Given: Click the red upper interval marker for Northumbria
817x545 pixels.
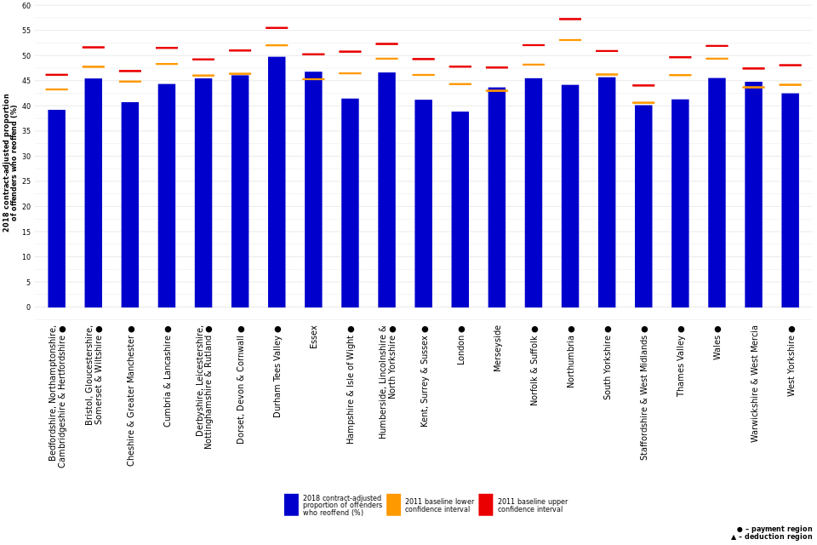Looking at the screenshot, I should [x=570, y=19].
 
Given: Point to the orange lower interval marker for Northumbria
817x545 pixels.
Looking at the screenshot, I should [x=570, y=40].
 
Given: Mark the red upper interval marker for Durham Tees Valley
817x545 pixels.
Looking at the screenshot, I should [x=277, y=28].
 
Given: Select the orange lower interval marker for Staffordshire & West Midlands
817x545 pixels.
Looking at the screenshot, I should [x=643, y=103].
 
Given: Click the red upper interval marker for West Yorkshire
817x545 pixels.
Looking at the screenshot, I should [x=790, y=65].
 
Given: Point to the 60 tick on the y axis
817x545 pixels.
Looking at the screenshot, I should [x=26, y=6].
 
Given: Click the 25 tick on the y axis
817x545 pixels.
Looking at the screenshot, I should [x=26, y=181].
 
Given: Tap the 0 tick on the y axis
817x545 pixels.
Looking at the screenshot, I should [x=28, y=307].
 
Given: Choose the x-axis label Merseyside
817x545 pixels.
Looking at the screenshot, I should [x=498, y=347].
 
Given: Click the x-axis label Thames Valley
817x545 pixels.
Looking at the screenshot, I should [x=681, y=365].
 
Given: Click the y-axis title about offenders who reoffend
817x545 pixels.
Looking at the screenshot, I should [x=10, y=162].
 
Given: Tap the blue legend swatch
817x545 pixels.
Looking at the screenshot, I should [x=291, y=505].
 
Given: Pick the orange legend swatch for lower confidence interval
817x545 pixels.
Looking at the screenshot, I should [x=393, y=505].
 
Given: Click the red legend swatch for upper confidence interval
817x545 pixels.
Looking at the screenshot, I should [x=485, y=505].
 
